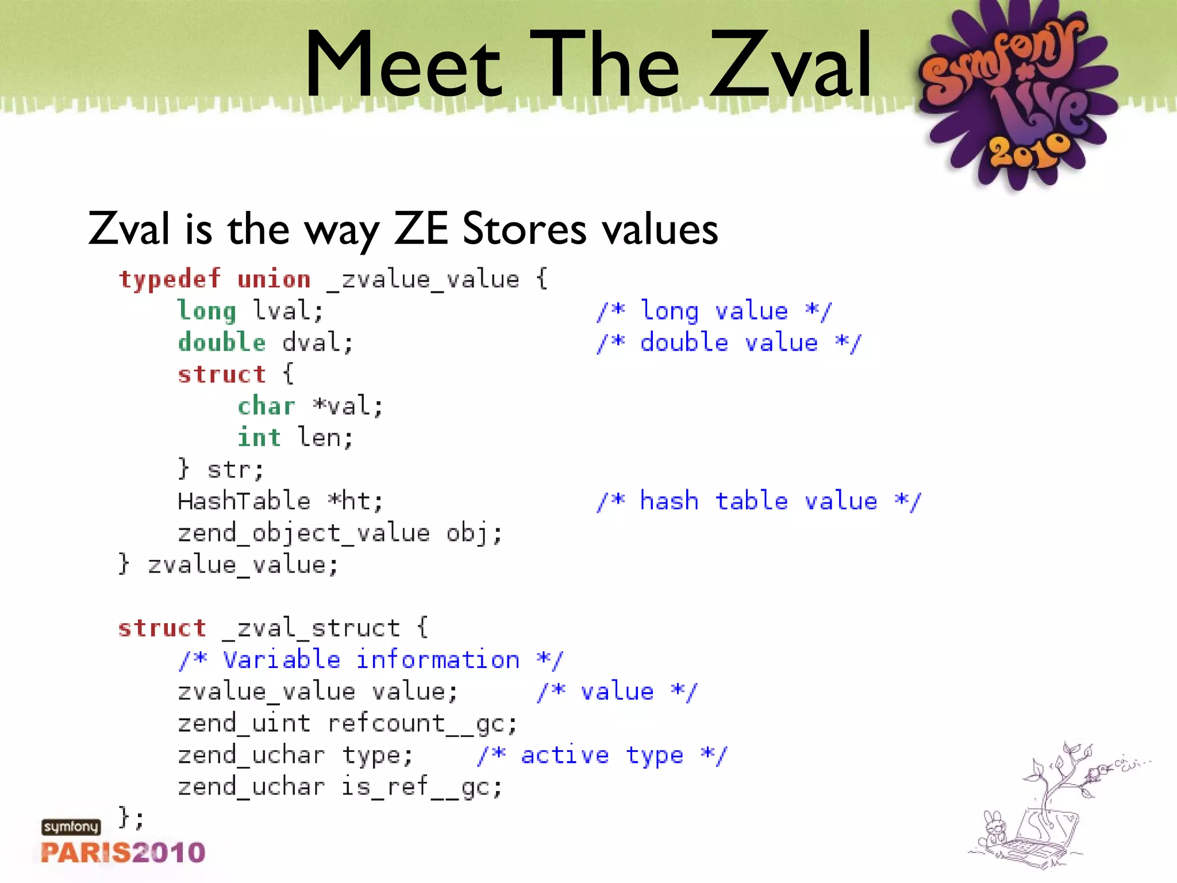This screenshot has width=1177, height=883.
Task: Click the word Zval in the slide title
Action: [x=791, y=64]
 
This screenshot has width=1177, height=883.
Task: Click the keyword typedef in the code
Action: [x=170, y=279]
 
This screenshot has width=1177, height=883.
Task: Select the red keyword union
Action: [x=274, y=279]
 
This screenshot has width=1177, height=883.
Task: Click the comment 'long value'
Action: [x=714, y=311]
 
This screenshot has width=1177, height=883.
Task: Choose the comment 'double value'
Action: [x=729, y=343]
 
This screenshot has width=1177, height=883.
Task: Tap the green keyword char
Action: [x=267, y=406]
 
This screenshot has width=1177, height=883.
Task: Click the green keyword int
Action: [x=259, y=438]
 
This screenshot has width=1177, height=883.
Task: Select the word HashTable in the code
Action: [x=244, y=501]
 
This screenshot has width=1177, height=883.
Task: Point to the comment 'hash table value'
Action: [x=759, y=501]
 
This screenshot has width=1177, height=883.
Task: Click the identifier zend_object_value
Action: [x=304, y=533]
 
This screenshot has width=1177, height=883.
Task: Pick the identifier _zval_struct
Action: [x=311, y=628]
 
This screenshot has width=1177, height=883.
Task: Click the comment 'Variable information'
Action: [x=371, y=660]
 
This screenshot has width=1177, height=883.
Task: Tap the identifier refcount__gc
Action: [x=422, y=723]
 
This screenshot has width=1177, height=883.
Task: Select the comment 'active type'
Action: [x=602, y=755]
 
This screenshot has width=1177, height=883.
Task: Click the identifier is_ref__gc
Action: [x=422, y=786]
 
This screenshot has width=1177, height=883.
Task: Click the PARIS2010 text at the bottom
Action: [x=123, y=853]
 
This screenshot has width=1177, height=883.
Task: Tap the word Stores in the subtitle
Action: [x=524, y=229]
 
